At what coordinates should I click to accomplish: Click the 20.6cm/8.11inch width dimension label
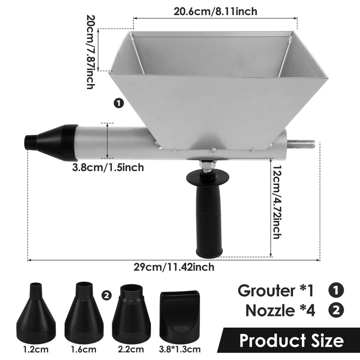click(215, 12)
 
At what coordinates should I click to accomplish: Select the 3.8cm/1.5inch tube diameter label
click(108, 167)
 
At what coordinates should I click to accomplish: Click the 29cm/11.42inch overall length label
click(174, 267)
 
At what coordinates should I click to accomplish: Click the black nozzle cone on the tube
click(53, 142)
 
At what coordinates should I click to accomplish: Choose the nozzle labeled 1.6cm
click(84, 315)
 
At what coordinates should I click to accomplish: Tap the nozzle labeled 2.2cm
click(132, 315)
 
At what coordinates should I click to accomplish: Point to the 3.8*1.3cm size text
click(180, 349)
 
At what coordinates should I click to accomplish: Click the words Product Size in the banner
click(291, 341)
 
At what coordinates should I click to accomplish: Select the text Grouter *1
click(276, 290)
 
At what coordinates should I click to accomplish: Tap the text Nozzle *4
click(280, 310)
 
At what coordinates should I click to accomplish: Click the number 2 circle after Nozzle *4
click(335, 310)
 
